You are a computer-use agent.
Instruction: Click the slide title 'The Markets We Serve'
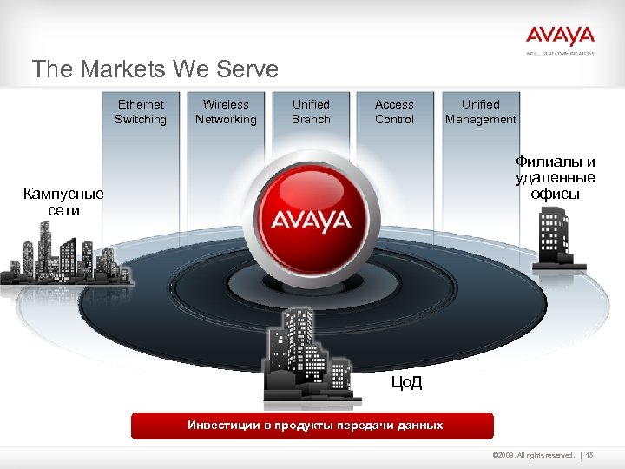click(155, 69)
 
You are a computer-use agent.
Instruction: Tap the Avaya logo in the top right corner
click(560, 37)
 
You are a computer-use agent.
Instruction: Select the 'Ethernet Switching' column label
click(141, 112)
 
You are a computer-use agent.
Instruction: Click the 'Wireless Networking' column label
click(226, 112)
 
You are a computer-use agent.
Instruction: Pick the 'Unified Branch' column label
click(311, 112)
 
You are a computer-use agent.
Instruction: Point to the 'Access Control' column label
click(394, 112)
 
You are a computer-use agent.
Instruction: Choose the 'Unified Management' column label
click(480, 112)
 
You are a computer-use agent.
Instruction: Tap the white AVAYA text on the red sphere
click(311, 221)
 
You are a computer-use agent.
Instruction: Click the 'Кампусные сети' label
click(63, 201)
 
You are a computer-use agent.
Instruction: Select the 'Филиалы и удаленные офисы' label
click(556, 177)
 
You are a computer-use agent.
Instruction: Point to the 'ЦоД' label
click(406, 382)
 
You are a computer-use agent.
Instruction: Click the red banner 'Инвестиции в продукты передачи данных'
click(312, 426)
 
